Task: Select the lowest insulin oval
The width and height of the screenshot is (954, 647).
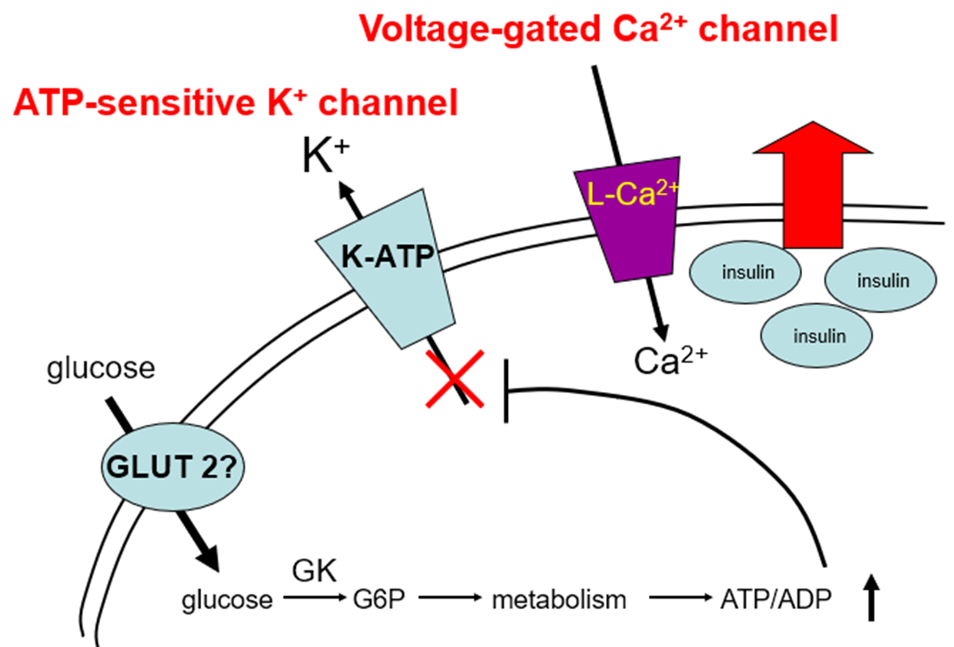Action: (x=818, y=335)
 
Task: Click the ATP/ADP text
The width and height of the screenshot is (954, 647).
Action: (x=774, y=601)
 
